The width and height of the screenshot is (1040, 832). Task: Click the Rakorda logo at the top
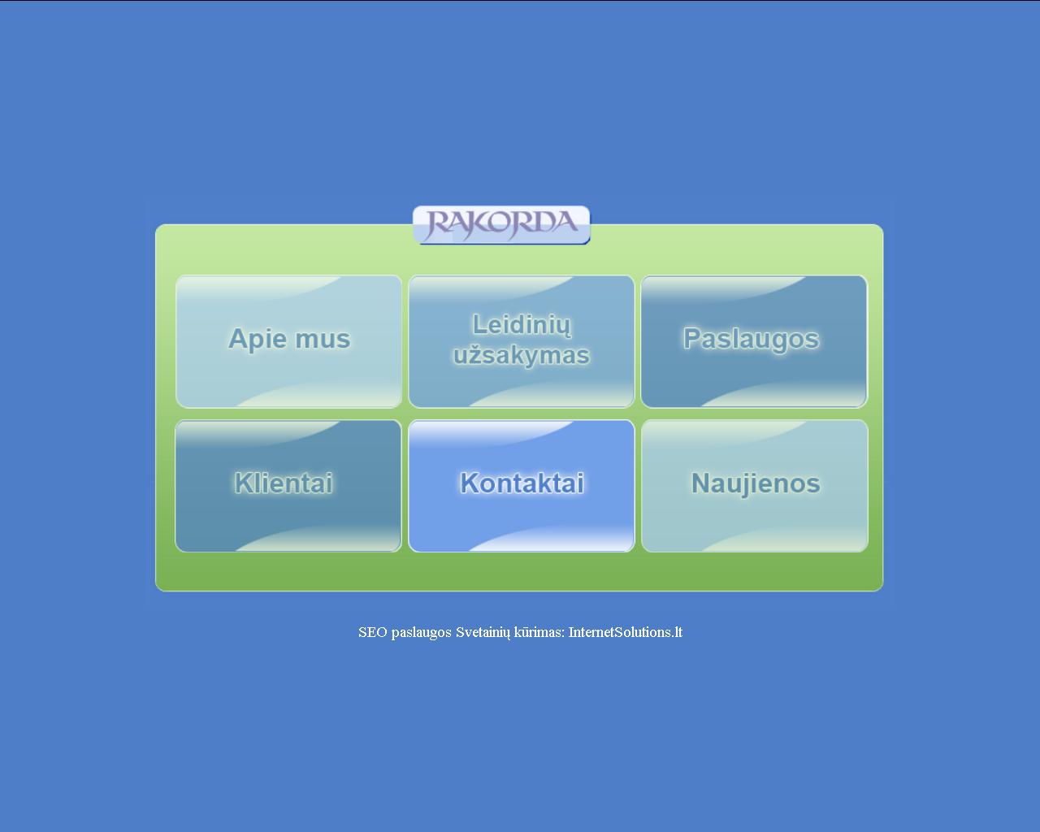(501, 225)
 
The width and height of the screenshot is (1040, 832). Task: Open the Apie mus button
(288, 341)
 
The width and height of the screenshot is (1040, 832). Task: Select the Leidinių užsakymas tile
(521, 341)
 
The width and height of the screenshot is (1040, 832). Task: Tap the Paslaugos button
(754, 341)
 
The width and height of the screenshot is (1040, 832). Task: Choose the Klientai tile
(288, 485)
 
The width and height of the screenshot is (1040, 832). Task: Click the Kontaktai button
(521, 485)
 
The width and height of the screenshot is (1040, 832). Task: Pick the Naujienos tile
(754, 485)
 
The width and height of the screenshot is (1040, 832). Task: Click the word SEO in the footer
(373, 632)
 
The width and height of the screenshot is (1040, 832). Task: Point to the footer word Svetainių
(483, 633)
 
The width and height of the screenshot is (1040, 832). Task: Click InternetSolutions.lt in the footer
(626, 632)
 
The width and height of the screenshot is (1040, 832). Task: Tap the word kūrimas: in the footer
(539, 632)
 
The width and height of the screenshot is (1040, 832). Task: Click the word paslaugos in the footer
(422, 633)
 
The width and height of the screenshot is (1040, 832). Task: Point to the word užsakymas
(522, 356)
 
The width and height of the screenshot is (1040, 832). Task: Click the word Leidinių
(522, 325)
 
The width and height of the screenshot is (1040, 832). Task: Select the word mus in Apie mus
(323, 340)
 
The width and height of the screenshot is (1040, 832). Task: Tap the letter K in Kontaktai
(469, 483)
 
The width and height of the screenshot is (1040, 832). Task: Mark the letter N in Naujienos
(701, 483)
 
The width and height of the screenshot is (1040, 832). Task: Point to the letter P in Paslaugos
(692, 338)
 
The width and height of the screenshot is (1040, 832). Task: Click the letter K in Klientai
(243, 483)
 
